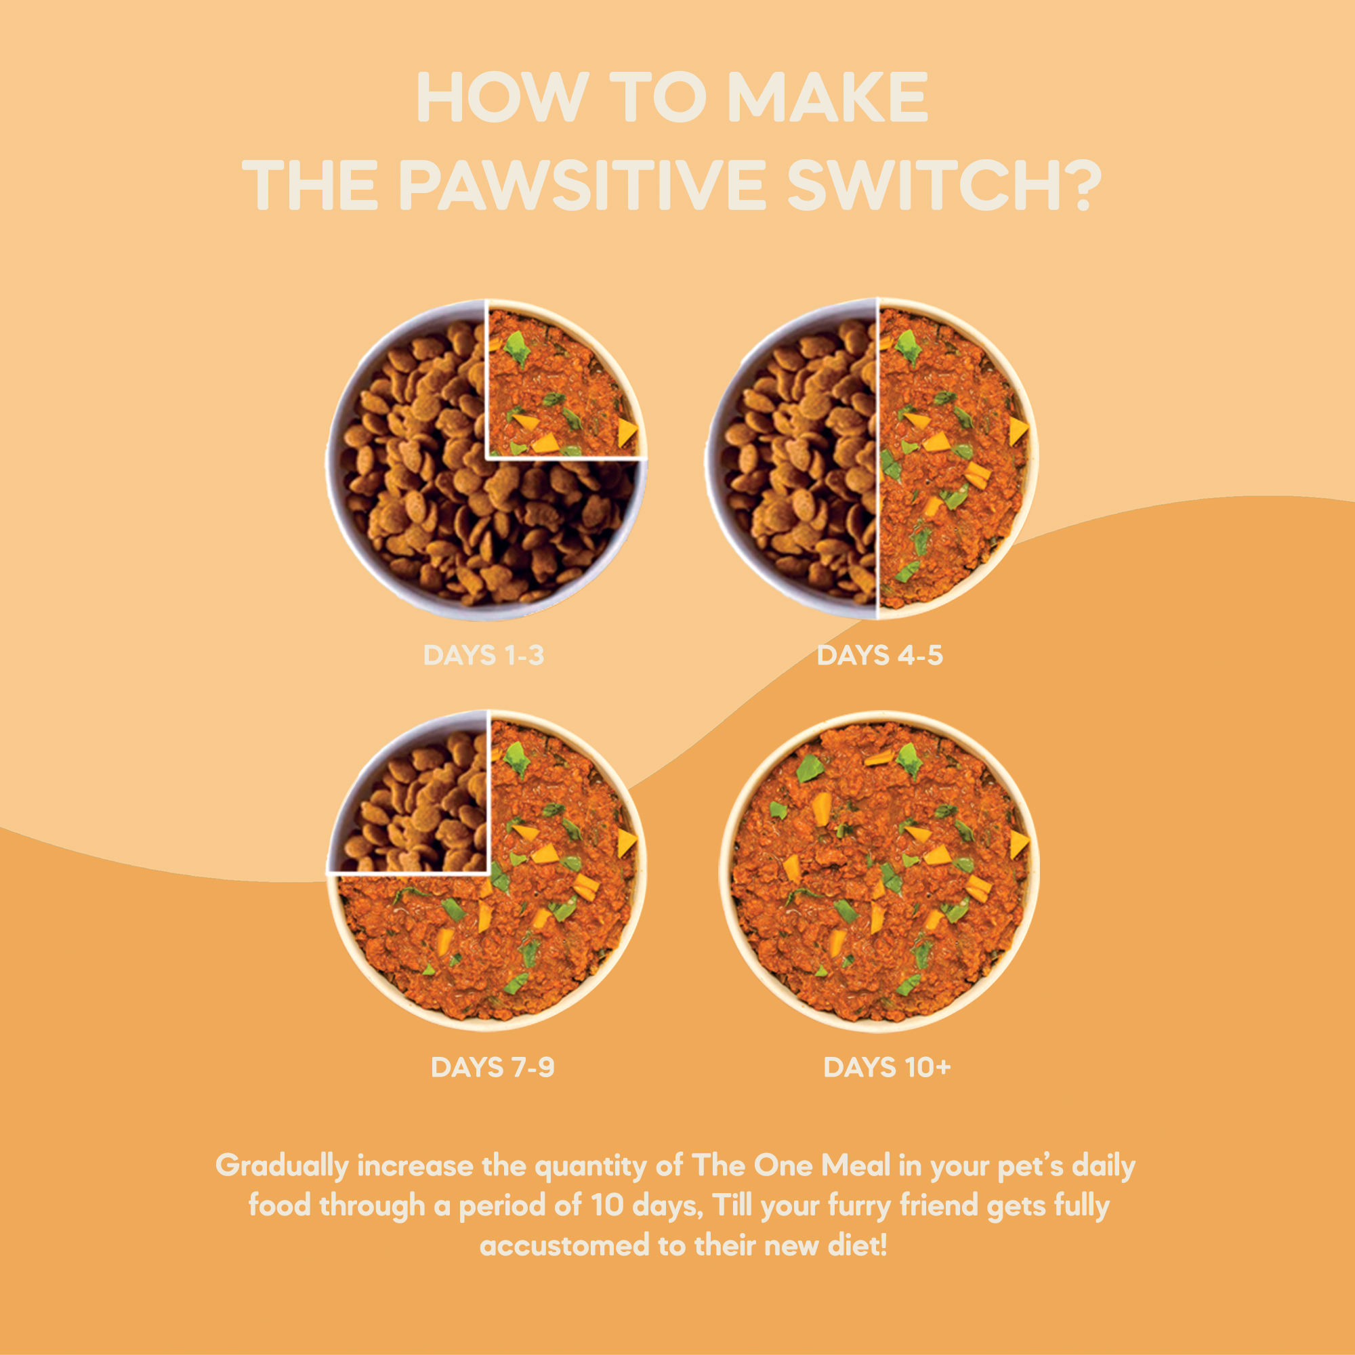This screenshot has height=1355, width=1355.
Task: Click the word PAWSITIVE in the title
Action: point(581,185)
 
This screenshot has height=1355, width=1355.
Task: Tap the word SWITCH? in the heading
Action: point(941,185)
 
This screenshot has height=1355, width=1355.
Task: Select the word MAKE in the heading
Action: point(828,98)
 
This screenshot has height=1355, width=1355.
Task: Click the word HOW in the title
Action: point(502,98)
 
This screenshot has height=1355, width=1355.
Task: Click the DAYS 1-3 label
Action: point(483,656)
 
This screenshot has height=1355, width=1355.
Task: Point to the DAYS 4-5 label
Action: point(879,656)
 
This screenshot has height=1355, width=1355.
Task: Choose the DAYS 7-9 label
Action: point(493,1068)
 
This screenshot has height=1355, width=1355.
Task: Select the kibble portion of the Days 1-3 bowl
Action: point(435,505)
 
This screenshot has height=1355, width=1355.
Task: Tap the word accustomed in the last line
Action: point(564,1247)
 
